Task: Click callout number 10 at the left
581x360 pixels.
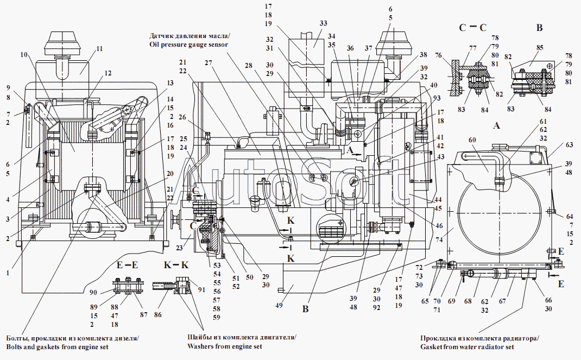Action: click(x=24, y=54)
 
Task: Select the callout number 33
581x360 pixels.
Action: click(x=324, y=24)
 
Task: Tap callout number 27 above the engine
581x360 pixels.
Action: click(x=208, y=62)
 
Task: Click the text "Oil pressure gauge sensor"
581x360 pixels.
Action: click(x=188, y=45)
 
